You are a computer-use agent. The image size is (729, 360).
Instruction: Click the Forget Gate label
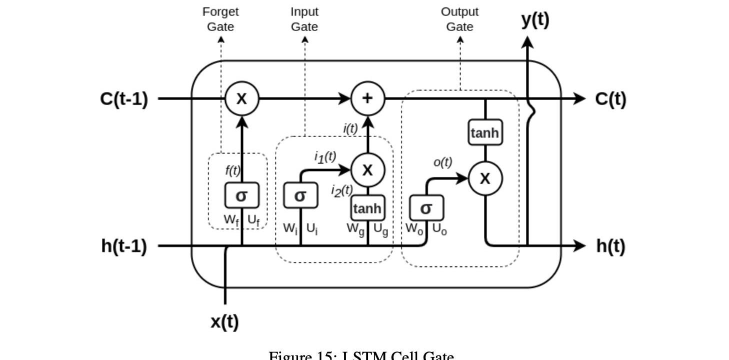[220, 19]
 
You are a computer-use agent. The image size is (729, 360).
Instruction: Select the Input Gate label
[304, 19]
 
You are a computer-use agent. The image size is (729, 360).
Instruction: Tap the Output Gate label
[459, 19]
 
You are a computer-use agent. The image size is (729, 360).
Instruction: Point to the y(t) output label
[535, 19]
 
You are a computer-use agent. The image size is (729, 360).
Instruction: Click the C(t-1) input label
[124, 99]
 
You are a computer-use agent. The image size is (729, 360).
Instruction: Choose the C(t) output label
[610, 99]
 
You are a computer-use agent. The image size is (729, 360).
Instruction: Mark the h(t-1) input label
[124, 246]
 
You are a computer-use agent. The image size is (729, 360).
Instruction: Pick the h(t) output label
[610, 246]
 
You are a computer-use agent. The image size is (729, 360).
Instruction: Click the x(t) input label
[224, 321]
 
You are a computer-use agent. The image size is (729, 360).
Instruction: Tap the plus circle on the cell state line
[367, 98]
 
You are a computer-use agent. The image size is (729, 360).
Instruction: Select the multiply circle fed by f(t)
[241, 98]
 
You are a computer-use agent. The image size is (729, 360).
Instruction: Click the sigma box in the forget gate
[241, 195]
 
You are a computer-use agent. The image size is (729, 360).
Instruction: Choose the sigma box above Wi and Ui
[300, 195]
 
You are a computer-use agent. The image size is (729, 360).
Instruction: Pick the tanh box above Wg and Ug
[367, 208]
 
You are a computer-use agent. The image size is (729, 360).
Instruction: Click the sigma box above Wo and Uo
[426, 208]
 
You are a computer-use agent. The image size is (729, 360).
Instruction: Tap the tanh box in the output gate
[484, 132]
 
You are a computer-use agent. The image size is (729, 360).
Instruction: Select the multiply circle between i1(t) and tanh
[367, 170]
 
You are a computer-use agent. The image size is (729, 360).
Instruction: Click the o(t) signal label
[442, 162]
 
